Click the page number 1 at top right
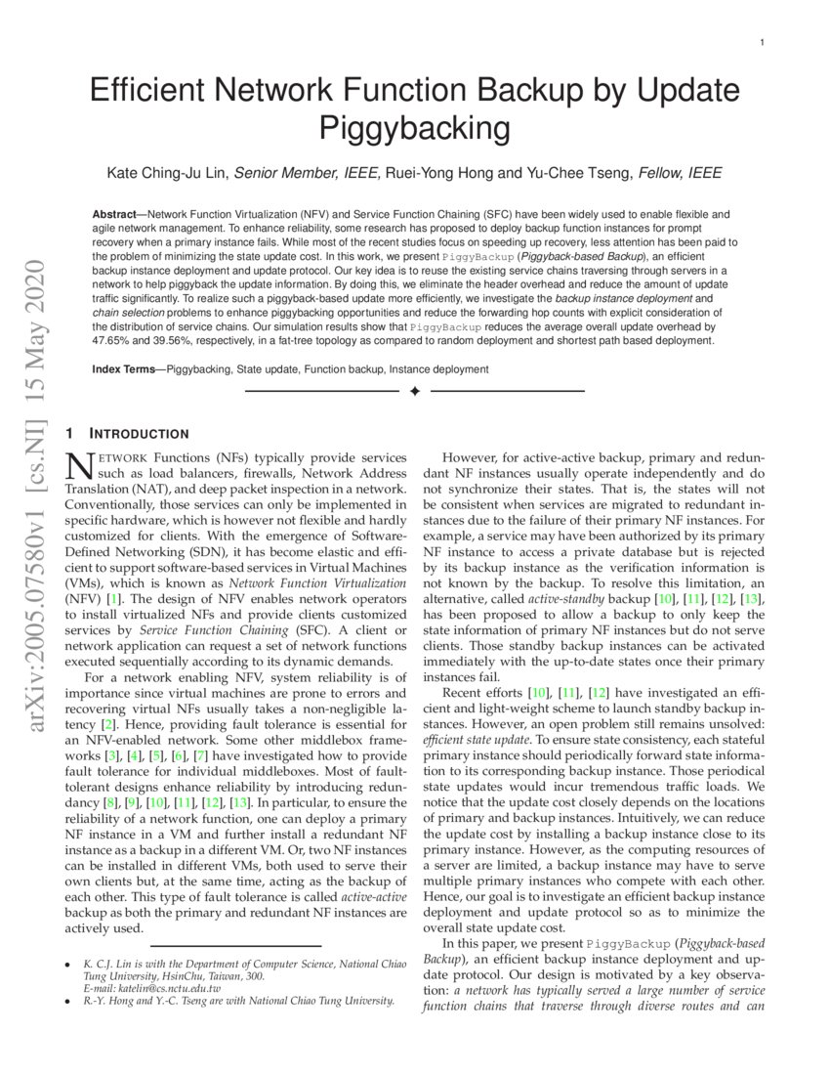pyautogui.click(x=761, y=43)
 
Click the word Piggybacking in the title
pyautogui.click(x=415, y=128)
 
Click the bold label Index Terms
pyautogui.click(x=126, y=369)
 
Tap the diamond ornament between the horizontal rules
pyautogui.click(x=414, y=391)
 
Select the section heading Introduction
pyautogui.click(x=140, y=434)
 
